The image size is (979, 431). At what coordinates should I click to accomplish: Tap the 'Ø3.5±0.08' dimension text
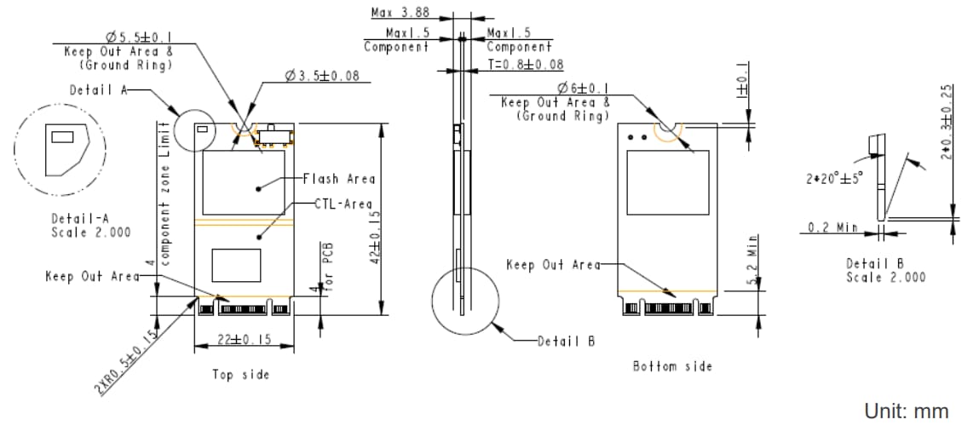[322, 76]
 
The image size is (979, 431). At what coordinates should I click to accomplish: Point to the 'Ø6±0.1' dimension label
[583, 88]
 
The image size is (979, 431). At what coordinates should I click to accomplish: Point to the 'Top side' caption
[240, 375]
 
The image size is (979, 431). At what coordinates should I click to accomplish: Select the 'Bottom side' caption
[672, 366]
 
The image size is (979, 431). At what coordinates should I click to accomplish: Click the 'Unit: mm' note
[906, 411]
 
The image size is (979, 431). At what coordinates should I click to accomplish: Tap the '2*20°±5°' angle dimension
[834, 179]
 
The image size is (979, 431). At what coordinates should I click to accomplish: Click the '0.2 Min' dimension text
[832, 227]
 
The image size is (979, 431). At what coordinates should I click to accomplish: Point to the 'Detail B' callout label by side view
[566, 341]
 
